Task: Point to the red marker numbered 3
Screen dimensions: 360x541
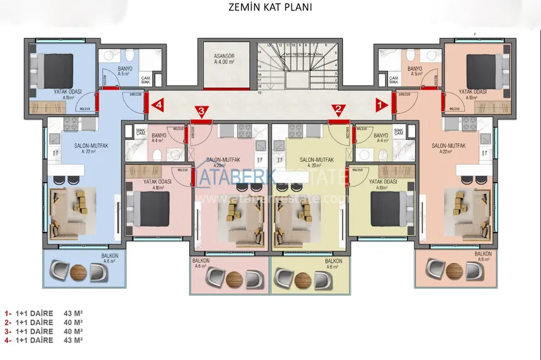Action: point(202,112)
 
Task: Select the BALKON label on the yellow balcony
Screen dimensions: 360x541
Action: point(334,261)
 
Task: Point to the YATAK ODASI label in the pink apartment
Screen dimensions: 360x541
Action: point(156,181)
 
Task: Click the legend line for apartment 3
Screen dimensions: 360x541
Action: point(45,331)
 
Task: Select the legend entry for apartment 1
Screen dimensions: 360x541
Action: point(45,314)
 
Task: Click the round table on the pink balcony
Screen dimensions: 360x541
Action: point(235,279)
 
